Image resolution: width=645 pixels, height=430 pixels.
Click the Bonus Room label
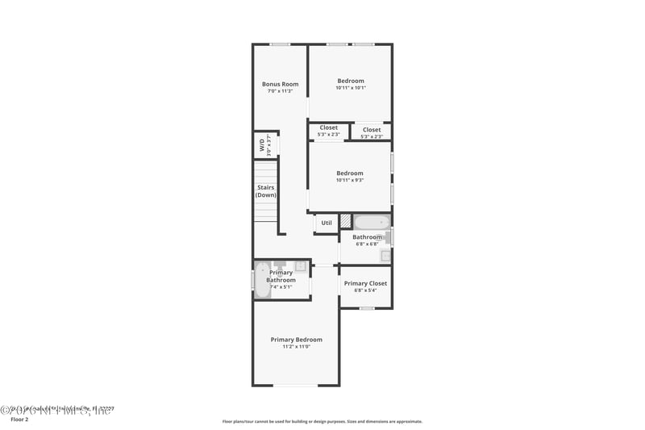click(280, 84)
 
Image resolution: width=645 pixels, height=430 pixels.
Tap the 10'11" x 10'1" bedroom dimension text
click(350, 88)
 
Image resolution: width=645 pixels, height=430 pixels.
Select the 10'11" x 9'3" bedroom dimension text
click(350, 180)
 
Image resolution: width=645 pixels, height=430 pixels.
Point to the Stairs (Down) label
click(265, 191)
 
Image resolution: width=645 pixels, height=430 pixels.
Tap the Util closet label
click(327, 223)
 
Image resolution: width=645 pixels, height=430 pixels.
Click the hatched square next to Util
click(345, 220)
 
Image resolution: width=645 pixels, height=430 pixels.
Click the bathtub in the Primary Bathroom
click(262, 280)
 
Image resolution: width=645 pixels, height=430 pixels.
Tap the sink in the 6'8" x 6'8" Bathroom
click(385, 256)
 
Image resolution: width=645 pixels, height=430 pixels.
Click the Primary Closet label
click(365, 283)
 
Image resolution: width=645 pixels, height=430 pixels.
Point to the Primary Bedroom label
click(296, 340)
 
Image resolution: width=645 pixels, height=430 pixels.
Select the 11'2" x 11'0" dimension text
click(296, 347)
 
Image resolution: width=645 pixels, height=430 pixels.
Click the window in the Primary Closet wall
click(367, 308)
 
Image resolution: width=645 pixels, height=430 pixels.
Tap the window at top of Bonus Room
click(280, 44)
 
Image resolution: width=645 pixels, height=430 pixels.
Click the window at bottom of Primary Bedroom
click(296, 386)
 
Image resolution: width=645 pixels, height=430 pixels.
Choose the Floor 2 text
click(19, 420)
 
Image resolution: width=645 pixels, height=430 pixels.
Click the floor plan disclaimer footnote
click(322, 421)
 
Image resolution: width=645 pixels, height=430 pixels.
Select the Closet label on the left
click(328, 127)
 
